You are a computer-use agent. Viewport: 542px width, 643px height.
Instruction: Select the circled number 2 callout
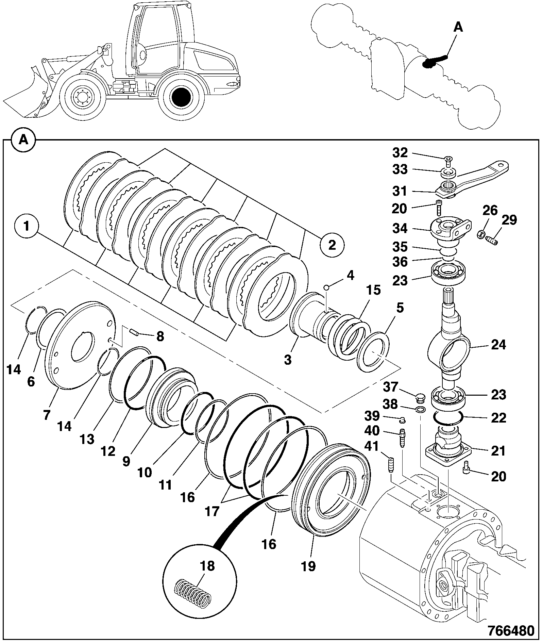click(x=332, y=244)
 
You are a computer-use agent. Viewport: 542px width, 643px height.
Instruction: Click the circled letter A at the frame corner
click(x=23, y=140)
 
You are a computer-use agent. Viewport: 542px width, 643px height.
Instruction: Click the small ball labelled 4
click(x=326, y=287)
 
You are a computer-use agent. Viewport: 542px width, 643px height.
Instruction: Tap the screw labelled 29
click(x=491, y=240)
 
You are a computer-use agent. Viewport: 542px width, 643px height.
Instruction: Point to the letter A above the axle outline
click(x=459, y=27)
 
